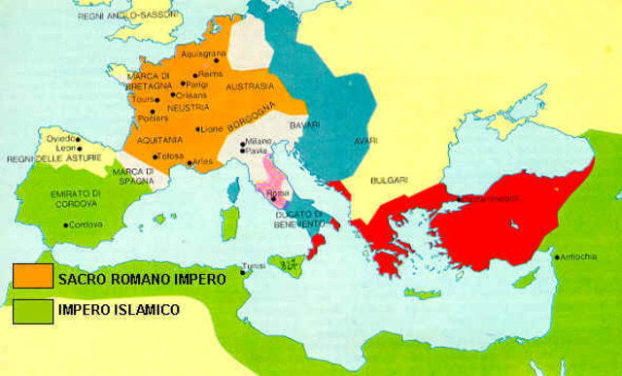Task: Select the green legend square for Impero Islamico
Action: pyautogui.click(x=27, y=312)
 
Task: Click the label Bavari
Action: pyautogui.click(x=309, y=122)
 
